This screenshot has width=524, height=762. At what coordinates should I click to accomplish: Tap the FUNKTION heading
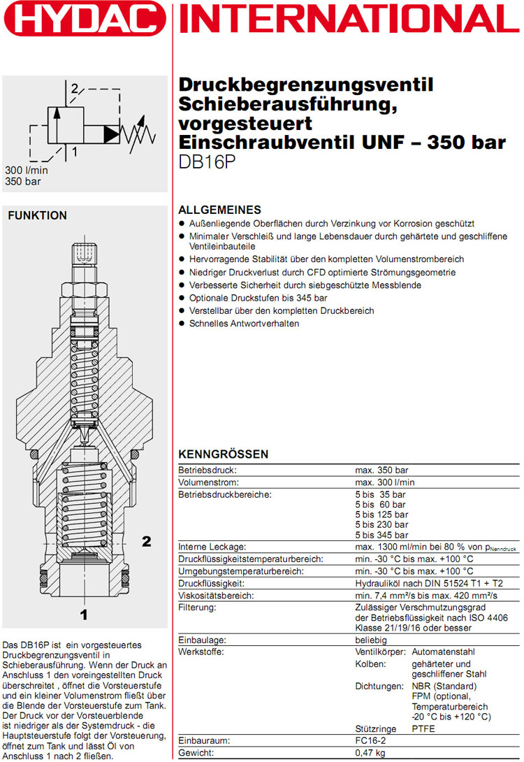coord(37,216)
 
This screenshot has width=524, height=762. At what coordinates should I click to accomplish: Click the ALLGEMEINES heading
coord(220,210)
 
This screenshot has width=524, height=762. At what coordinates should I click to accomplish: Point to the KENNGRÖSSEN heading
coord(223,454)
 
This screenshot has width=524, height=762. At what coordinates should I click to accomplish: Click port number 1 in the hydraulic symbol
coord(73,150)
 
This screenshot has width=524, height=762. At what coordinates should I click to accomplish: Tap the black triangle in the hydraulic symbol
coord(112,131)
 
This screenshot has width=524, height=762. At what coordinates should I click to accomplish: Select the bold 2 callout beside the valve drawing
coord(146,540)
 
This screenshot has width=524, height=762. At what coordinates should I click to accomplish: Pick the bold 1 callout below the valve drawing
coord(84,615)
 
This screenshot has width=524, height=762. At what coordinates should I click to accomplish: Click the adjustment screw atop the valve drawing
coord(84,253)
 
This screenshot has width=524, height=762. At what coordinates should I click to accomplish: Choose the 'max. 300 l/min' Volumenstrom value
coord(385,482)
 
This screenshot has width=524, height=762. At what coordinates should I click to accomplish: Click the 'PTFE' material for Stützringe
coord(423,728)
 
